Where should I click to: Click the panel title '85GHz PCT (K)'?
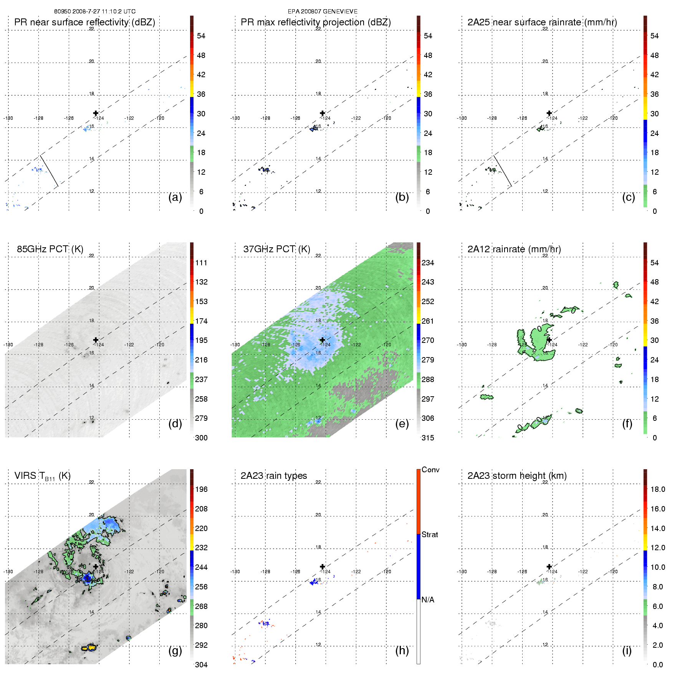click(50, 249)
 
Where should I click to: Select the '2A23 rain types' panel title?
click(273, 476)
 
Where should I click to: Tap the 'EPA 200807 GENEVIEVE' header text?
click(323, 12)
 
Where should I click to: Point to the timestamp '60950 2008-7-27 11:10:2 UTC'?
click(94, 12)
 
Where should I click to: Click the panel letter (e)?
click(402, 424)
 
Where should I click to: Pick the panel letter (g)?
click(175, 650)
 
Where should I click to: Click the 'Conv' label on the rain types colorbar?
click(430, 470)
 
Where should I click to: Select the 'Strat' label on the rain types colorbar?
click(430, 534)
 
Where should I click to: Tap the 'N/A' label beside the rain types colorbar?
click(428, 600)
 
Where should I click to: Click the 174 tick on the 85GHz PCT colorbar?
click(201, 321)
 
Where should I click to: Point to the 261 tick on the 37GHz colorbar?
click(428, 321)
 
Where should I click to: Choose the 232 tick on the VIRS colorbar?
click(201, 548)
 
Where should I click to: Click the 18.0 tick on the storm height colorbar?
click(657, 489)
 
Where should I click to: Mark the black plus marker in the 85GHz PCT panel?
click(96, 340)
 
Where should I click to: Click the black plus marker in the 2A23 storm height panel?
click(549, 566)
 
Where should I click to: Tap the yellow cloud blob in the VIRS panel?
click(89, 647)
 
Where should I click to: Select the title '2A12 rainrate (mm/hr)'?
click(514, 249)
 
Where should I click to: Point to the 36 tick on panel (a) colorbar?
click(201, 94)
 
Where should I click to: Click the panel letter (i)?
click(627, 650)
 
